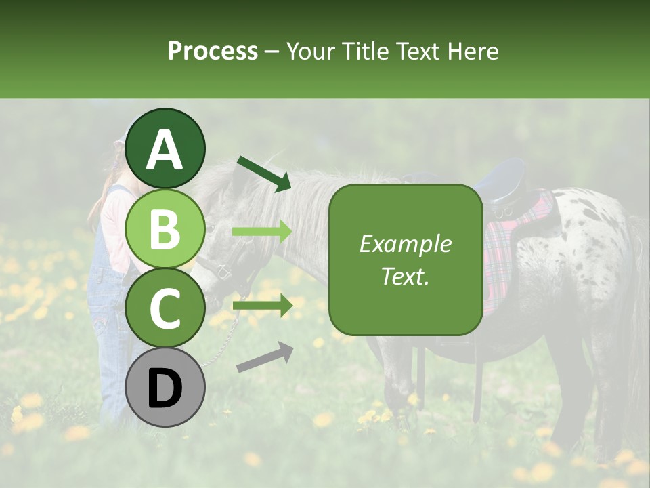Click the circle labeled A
(165, 148)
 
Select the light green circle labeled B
(165, 228)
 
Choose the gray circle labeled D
(165, 387)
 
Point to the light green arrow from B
(262, 232)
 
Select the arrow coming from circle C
(262, 306)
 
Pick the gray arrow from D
(265, 357)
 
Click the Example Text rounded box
(406, 260)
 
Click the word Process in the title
(213, 51)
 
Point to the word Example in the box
(405, 244)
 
